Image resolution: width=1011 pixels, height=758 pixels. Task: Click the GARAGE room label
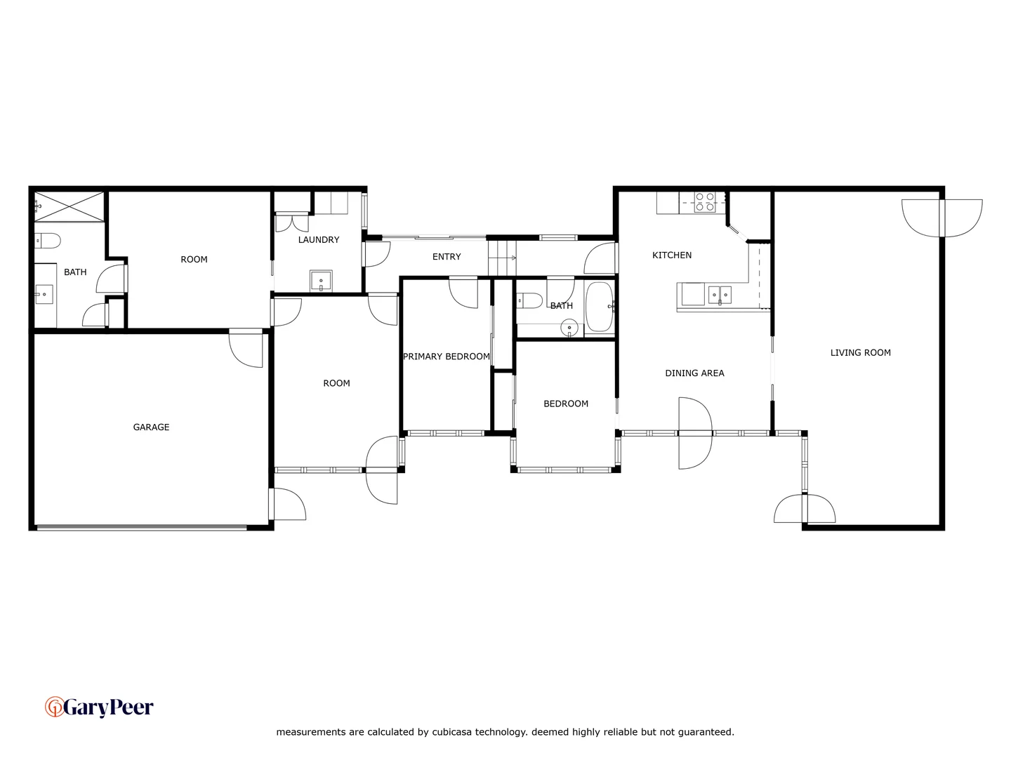pyautogui.click(x=151, y=427)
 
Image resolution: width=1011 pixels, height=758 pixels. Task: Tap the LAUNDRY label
pyautogui.click(x=318, y=240)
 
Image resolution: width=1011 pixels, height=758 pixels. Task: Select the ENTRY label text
pyautogui.click(x=447, y=257)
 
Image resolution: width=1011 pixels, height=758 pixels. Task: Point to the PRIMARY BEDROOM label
pyautogui.click(x=447, y=357)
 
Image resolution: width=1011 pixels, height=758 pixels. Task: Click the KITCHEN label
pyautogui.click(x=672, y=255)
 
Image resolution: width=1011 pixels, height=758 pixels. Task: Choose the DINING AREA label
pyautogui.click(x=694, y=373)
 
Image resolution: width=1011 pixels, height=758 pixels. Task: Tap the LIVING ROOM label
pyautogui.click(x=860, y=353)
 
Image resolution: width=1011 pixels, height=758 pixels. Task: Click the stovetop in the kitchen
pyautogui.click(x=705, y=202)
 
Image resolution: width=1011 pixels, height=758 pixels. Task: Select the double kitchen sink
pyautogui.click(x=720, y=295)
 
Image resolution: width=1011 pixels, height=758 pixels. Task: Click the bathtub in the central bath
pyautogui.click(x=600, y=307)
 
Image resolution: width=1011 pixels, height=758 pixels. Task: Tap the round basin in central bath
pyautogui.click(x=569, y=328)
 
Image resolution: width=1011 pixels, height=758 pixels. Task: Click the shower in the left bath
pyautogui.click(x=69, y=206)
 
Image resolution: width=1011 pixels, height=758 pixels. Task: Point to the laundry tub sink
pyautogui.click(x=321, y=280)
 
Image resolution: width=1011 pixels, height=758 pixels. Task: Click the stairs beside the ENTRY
pyautogui.click(x=502, y=258)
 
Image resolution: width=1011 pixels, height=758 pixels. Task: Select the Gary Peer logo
pyautogui.click(x=99, y=707)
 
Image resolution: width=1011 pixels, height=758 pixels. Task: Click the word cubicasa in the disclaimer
pyautogui.click(x=452, y=732)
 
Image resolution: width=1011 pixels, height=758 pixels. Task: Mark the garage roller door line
pyautogui.click(x=140, y=527)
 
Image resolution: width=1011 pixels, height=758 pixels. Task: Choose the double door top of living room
pyautogui.click(x=941, y=217)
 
